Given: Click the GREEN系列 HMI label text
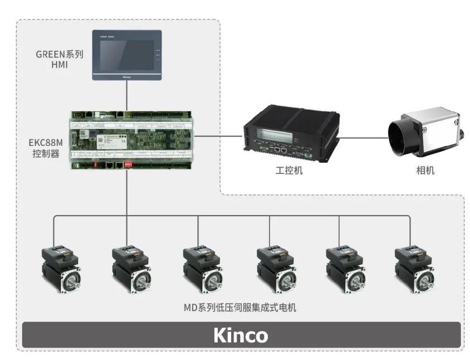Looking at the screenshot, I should pyautogui.click(x=59, y=59).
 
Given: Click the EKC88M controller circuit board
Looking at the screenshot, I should pyautogui.click(x=132, y=139).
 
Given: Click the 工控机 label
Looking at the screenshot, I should pyautogui.click(x=290, y=170).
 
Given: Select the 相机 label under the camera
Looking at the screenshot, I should pyautogui.click(x=425, y=170).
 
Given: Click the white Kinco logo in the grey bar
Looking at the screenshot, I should pyautogui.click(x=241, y=335).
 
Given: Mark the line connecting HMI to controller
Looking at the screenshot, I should pyautogui.click(x=127, y=95).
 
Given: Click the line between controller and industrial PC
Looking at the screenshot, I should pyautogui.click(x=218, y=136).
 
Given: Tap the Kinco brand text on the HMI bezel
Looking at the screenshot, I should pyautogui.click(x=127, y=76).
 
